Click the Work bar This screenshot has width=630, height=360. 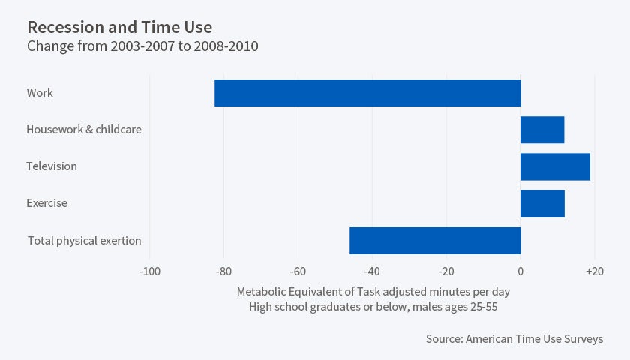(367, 93)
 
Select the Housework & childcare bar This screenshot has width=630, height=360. (542, 130)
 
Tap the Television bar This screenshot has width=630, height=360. (555, 166)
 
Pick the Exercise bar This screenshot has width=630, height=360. (542, 203)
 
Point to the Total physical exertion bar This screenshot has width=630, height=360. (435, 240)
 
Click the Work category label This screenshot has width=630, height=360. (40, 93)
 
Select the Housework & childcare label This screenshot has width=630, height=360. (84, 130)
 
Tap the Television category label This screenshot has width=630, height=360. (52, 166)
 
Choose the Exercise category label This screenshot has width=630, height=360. (46, 203)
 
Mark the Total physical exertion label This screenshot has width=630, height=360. (85, 241)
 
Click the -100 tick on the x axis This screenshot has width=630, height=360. (149, 271)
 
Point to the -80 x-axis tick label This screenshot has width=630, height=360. (223, 271)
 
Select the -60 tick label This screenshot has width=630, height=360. (298, 271)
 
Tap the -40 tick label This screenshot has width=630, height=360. (372, 271)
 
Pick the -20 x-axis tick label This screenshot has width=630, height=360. (446, 271)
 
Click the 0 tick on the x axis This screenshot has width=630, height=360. (520, 271)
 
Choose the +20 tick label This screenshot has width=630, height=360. (594, 271)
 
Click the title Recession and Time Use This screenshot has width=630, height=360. (119, 28)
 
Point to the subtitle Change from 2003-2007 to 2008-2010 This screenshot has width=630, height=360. (142, 46)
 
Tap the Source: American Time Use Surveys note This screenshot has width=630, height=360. (514, 339)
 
